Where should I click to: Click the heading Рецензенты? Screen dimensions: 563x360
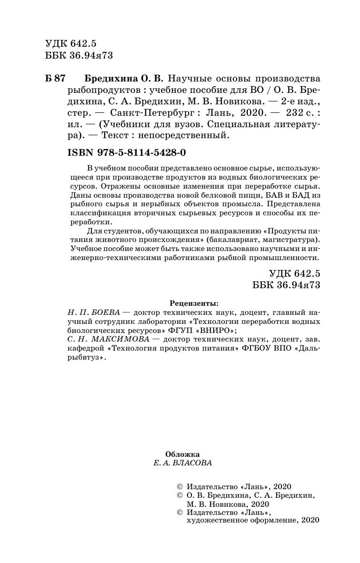[x=195, y=303]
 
